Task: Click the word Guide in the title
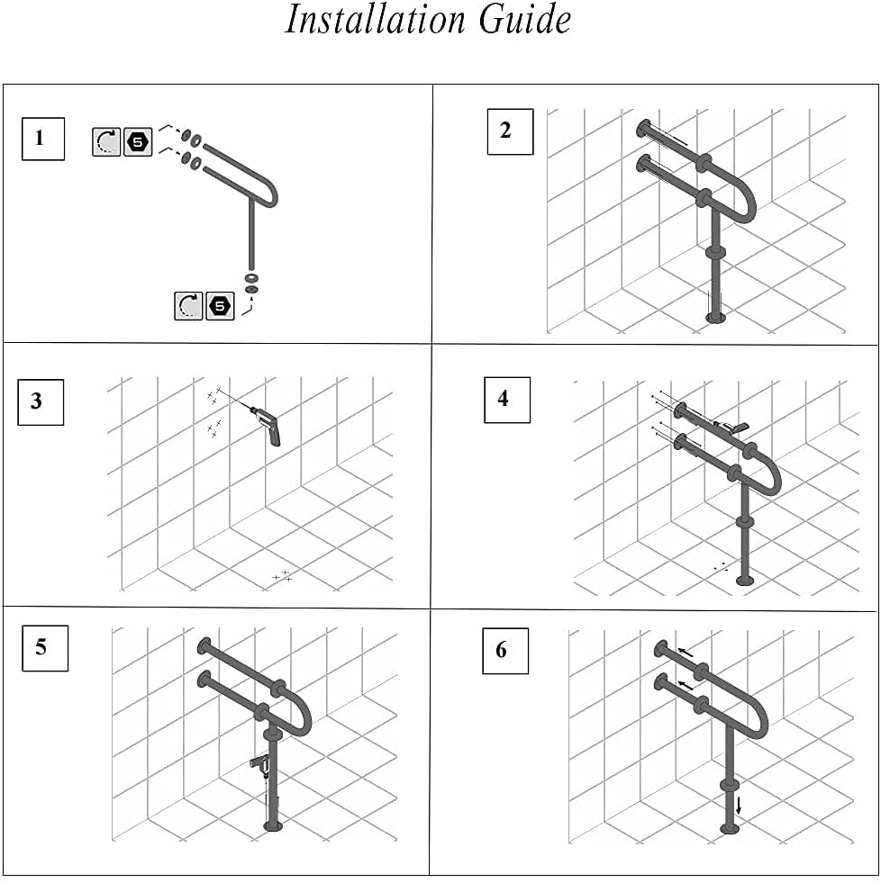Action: point(525,20)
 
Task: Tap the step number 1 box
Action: point(42,139)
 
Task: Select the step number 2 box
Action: point(510,131)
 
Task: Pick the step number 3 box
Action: point(41,401)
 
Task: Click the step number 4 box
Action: point(507,399)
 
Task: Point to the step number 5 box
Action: point(45,647)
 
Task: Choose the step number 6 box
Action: point(504,651)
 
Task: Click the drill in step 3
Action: point(268,424)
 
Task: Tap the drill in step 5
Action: point(261,764)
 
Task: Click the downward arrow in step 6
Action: point(739,803)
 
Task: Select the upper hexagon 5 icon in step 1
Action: point(138,141)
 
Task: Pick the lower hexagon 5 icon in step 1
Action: point(220,306)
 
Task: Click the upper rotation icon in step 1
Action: point(106,141)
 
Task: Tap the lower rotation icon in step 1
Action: point(188,306)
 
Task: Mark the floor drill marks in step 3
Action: point(283,575)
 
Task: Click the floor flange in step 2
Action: point(715,316)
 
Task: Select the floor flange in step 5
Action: point(271,825)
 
